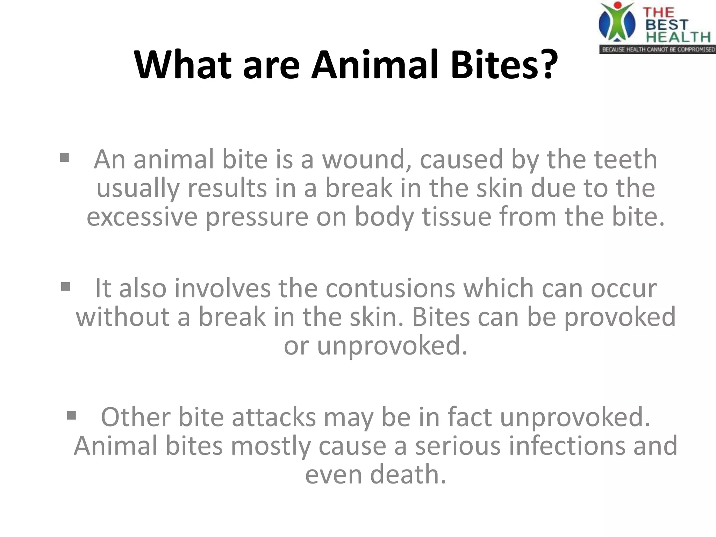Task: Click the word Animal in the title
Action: [374, 65]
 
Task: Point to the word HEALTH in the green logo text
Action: [678, 37]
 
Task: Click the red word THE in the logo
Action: [658, 13]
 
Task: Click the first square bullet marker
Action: [64, 158]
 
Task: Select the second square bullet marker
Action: [65, 287]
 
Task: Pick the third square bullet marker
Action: [71, 416]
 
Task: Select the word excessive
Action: [142, 217]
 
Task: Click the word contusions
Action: [391, 288]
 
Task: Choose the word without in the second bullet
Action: [122, 317]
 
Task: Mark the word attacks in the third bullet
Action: [274, 417]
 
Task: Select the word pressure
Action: [257, 217]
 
